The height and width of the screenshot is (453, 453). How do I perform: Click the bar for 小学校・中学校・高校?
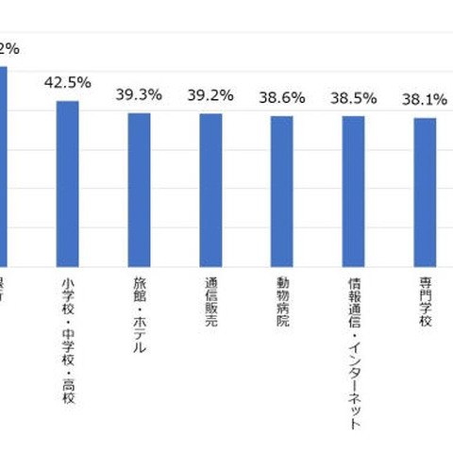pyautogui.click(x=67, y=183)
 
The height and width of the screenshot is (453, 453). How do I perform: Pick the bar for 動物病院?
pyautogui.click(x=281, y=191)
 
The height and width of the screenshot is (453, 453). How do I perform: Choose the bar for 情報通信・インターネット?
pyautogui.click(x=353, y=191)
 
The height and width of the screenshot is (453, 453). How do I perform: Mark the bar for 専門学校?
pyautogui.click(x=425, y=192)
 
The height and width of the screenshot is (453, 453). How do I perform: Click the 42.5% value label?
pyautogui.click(x=67, y=82)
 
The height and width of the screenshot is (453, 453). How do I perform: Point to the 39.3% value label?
pyautogui.click(x=139, y=94)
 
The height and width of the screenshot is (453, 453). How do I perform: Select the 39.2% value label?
pyautogui.click(x=210, y=94)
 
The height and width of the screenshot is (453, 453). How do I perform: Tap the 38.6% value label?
pyautogui.click(x=281, y=96)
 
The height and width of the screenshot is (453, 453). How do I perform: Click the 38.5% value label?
pyautogui.click(x=353, y=96)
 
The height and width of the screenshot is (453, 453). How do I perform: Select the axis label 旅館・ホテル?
pyautogui.click(x=139, y=317)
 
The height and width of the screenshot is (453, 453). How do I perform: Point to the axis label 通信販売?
pyautogui.click(x=210, y=305)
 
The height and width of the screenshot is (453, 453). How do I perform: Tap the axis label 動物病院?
pyautogui.click(x=281, y=305)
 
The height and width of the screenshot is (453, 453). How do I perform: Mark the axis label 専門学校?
pyautogui.click(x=425, y=305)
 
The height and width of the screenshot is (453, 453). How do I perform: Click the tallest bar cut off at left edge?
pyautogui.click(x=3, y=165)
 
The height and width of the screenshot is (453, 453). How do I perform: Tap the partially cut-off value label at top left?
pyautogui.click(x=8, y=47)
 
